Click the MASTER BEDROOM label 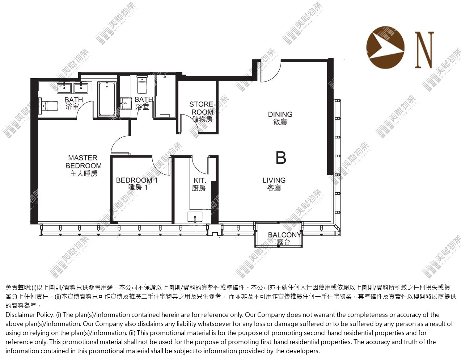tap(84, 166)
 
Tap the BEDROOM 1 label tap(137, 184)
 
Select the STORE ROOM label tap(202, 112)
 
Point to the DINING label tap(280, 118)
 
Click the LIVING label tap(274, 184)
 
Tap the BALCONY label tap(284, 238)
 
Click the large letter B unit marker tap(281, 158)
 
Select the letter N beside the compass tap(424, 50)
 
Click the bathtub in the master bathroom tap(107, 99)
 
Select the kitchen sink tap(195, 217)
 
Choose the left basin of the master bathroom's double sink tap(64, 88)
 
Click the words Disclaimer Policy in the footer tap(30, 315)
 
